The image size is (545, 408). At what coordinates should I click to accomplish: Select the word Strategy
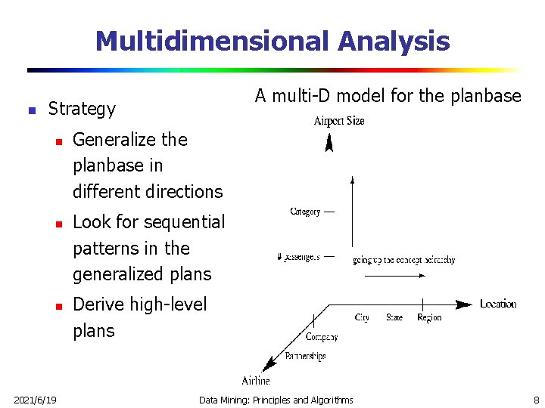pyautogui.click(x=82, y=109)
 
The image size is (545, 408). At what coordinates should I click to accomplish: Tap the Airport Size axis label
pyautogui.click(x=339, y=121)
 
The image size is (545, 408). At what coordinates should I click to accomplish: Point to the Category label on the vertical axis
pyautogui.click(x=306, y=212)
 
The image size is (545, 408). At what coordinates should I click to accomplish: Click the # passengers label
pyautogui.click(x=299, y=257)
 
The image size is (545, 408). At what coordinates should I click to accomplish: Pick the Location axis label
pyautogui.click(x=497, y=304)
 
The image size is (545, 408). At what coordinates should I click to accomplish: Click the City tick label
pyautogui.click(x=362, y=318)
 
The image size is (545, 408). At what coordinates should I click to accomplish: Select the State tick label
pyautogui.click(x=394, y=318)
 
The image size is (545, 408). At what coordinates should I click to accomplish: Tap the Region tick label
pyautogui.click(x=429, y=318)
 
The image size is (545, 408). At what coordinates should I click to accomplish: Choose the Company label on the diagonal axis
pyautogui.click(x=322, y=337)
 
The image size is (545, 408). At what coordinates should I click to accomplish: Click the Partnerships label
pyautogui.click(x=305, y=356)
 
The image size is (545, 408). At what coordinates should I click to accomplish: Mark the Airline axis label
pyautogui.click(x=256, y=380)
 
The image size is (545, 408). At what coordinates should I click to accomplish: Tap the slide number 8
pyautogui.click(x=536, y=399)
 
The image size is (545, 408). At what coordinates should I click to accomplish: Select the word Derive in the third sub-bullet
pyautogui.click(x=96, y=304)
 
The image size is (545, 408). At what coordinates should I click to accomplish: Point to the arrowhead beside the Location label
pyautogui.click(x=464, y=304)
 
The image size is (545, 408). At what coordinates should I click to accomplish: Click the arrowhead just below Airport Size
pyautogui.click(x=329, y=143)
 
